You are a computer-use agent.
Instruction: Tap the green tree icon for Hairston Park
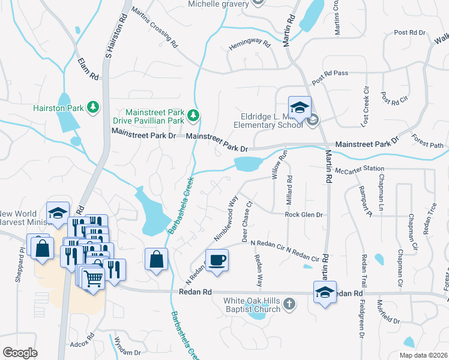click(93, 107)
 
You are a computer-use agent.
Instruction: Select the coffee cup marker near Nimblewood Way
click(217, 260)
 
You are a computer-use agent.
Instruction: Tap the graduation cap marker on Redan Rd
click(325, 293)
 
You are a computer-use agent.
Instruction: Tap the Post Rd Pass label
click(330, 77)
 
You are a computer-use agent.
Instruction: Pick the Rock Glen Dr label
click(304, 215)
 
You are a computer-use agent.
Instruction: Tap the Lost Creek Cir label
click(364, 106)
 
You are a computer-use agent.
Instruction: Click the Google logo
click(20, 352)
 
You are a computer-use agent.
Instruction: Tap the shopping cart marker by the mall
click(93, 278)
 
